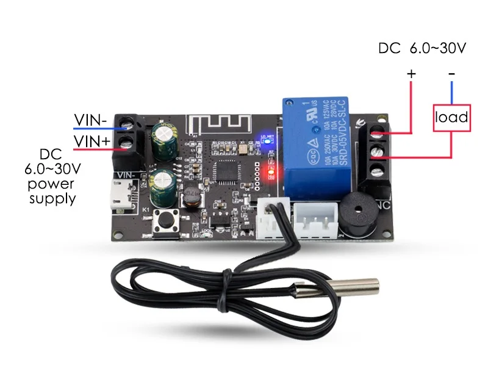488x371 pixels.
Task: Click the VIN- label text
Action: [90, 120]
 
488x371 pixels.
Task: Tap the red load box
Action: [452, 117]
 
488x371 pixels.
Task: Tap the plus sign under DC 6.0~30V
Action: [411, 74]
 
